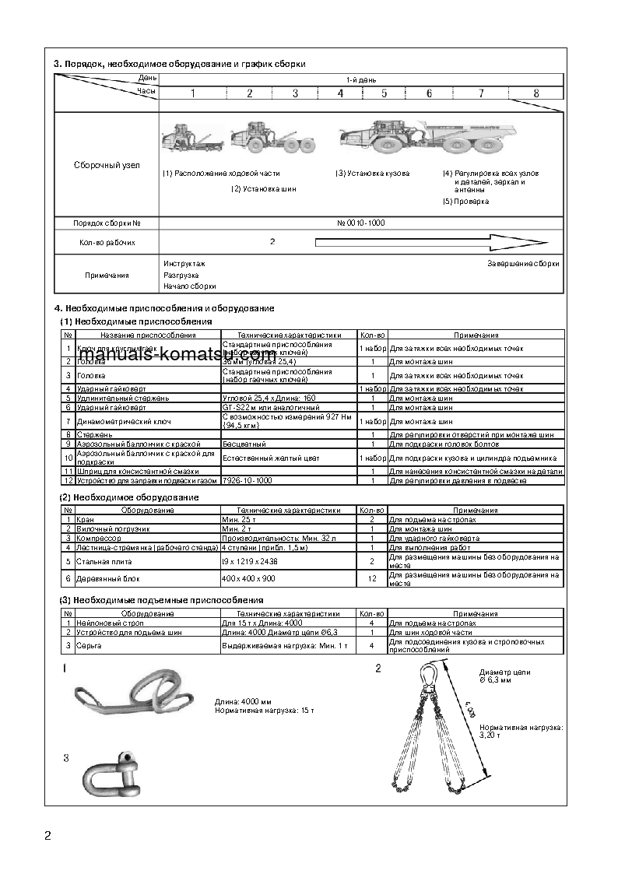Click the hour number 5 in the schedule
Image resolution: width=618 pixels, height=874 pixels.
click(x=384, y=93)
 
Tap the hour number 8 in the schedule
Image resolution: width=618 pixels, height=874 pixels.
click(x=535, y=93)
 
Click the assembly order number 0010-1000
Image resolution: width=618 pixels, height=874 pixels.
click(x=360, y=223)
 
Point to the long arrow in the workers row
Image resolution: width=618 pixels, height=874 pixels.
click(x=424, y=242)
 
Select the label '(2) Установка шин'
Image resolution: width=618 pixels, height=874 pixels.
click(x=263, y=188)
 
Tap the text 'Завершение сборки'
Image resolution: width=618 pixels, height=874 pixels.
click(x=523, y=264)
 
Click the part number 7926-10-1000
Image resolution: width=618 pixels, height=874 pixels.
click(x=247, y=481)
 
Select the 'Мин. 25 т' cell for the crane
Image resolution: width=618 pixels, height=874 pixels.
click(x=239, y=519)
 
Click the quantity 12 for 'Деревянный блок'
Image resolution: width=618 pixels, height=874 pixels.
click(x=371, y=579)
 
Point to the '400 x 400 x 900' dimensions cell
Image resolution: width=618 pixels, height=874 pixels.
click(x=248, y=579)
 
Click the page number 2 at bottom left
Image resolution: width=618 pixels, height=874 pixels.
click(x=47, y=837)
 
